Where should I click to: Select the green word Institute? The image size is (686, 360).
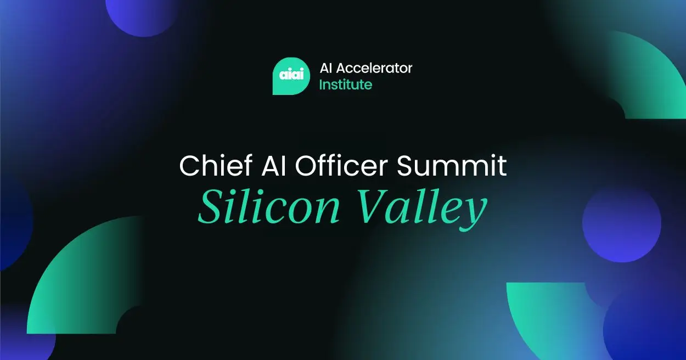coord(346,85)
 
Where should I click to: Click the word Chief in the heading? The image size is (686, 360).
coord(210,165)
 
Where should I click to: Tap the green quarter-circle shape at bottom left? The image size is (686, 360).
coord(82,280)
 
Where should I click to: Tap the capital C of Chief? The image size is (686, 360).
coord(190,165)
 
